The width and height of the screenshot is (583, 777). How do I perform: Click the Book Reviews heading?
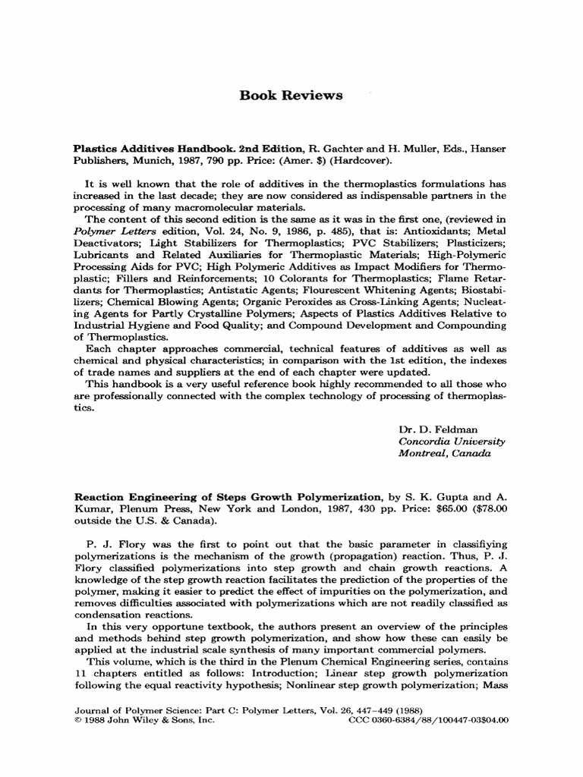[291, 96]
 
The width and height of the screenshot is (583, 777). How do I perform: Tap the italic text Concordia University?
[452, 441]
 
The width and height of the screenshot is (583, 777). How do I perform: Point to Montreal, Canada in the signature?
[445, 453]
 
